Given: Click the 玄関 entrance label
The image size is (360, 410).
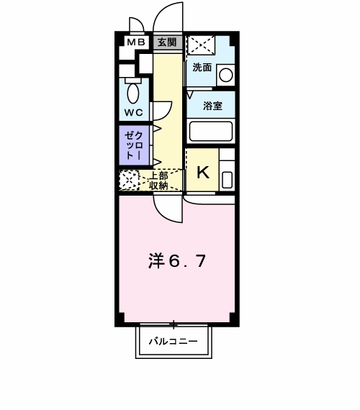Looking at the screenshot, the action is click(167, 42).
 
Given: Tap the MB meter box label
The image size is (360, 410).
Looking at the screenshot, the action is click(136, 42).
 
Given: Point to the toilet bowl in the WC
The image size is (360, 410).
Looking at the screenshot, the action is click(133, 93).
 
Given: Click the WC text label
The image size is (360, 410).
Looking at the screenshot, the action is click(133, 113).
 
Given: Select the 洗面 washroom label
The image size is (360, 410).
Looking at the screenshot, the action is click(202, 68).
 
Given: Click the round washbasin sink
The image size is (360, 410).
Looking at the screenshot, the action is click(225, 75).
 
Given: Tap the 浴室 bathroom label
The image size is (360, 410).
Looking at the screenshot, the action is click(212, 106).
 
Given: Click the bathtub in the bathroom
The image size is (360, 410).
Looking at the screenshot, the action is click(211, 131).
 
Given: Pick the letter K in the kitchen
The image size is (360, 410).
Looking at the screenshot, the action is click(203, 172).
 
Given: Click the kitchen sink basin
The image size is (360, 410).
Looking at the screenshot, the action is click(227, 180).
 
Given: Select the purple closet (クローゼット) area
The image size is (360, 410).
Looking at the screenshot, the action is click(135, 145).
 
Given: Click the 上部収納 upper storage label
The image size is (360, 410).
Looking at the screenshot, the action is click(158, 181).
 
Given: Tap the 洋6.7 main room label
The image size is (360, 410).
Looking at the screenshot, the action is click(177, 261).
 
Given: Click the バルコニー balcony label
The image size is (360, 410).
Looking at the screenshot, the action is click(174, 341).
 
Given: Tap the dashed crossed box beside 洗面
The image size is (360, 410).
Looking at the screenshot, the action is click(202, 45).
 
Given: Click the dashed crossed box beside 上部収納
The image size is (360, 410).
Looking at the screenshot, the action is click(129, 180).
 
